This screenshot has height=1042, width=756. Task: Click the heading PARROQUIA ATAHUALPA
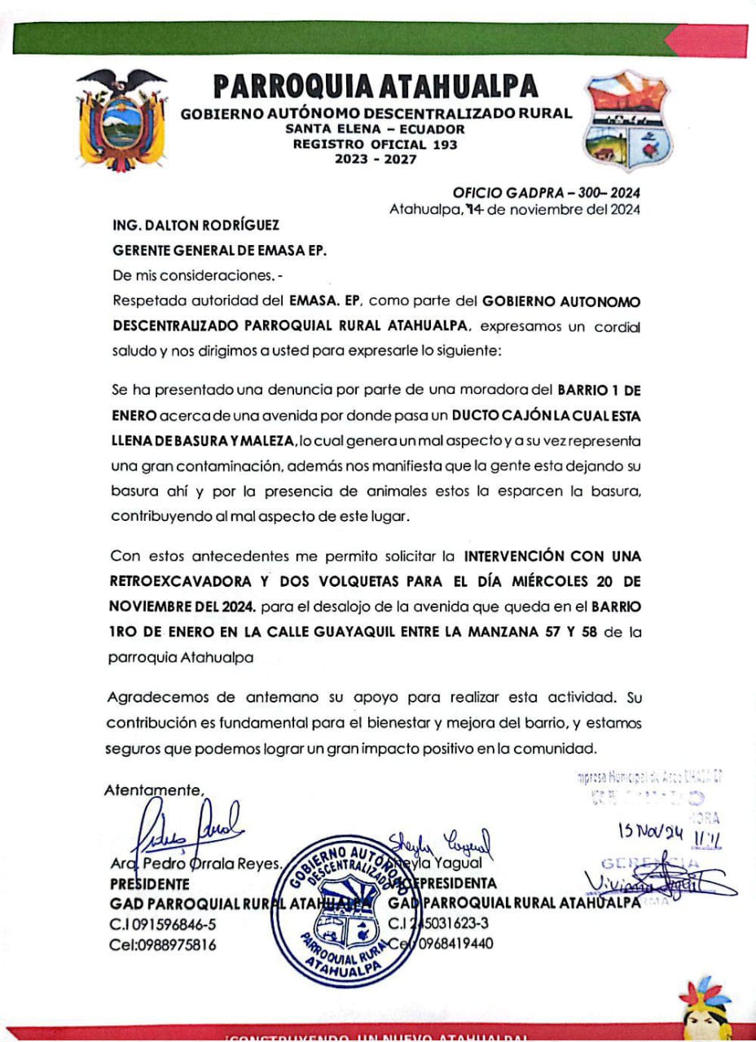pyautogui.click(x=376, y=86)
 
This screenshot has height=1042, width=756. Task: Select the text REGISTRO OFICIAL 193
pyautogui.click(x=376, y=144)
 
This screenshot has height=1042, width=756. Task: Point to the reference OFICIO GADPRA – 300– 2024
pyautogui.click(x=546, y=193)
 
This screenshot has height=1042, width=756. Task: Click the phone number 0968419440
pyautogui.click(x=452, y=944)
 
